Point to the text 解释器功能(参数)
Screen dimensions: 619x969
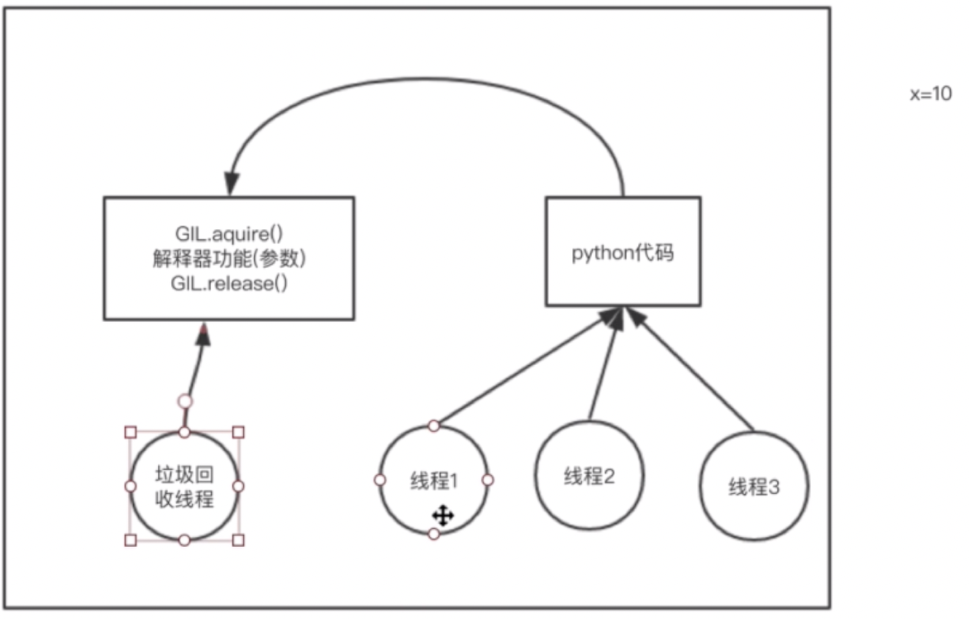(x=228, y=258)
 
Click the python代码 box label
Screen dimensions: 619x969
(x=623, y=253)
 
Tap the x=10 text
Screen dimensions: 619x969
(x=931, y=94)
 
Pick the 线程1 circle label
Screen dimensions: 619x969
(x=434, y=479)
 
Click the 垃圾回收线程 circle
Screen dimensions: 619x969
(x=184, y=486)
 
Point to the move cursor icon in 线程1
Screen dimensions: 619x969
(x=443, y=517)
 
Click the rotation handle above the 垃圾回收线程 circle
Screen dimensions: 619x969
(x=185, y=401)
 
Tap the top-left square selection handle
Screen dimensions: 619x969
(x=130, y=432)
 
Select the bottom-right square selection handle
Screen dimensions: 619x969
(x=239, y=540)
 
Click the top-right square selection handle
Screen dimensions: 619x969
(x=239, y=432)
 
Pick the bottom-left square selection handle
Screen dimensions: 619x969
(x=130, y=540)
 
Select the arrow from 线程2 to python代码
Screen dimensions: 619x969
(x=604, y=364)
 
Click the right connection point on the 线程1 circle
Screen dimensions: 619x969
(x=488, y=480)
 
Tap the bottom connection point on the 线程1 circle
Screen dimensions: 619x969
(x=434, y=534)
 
